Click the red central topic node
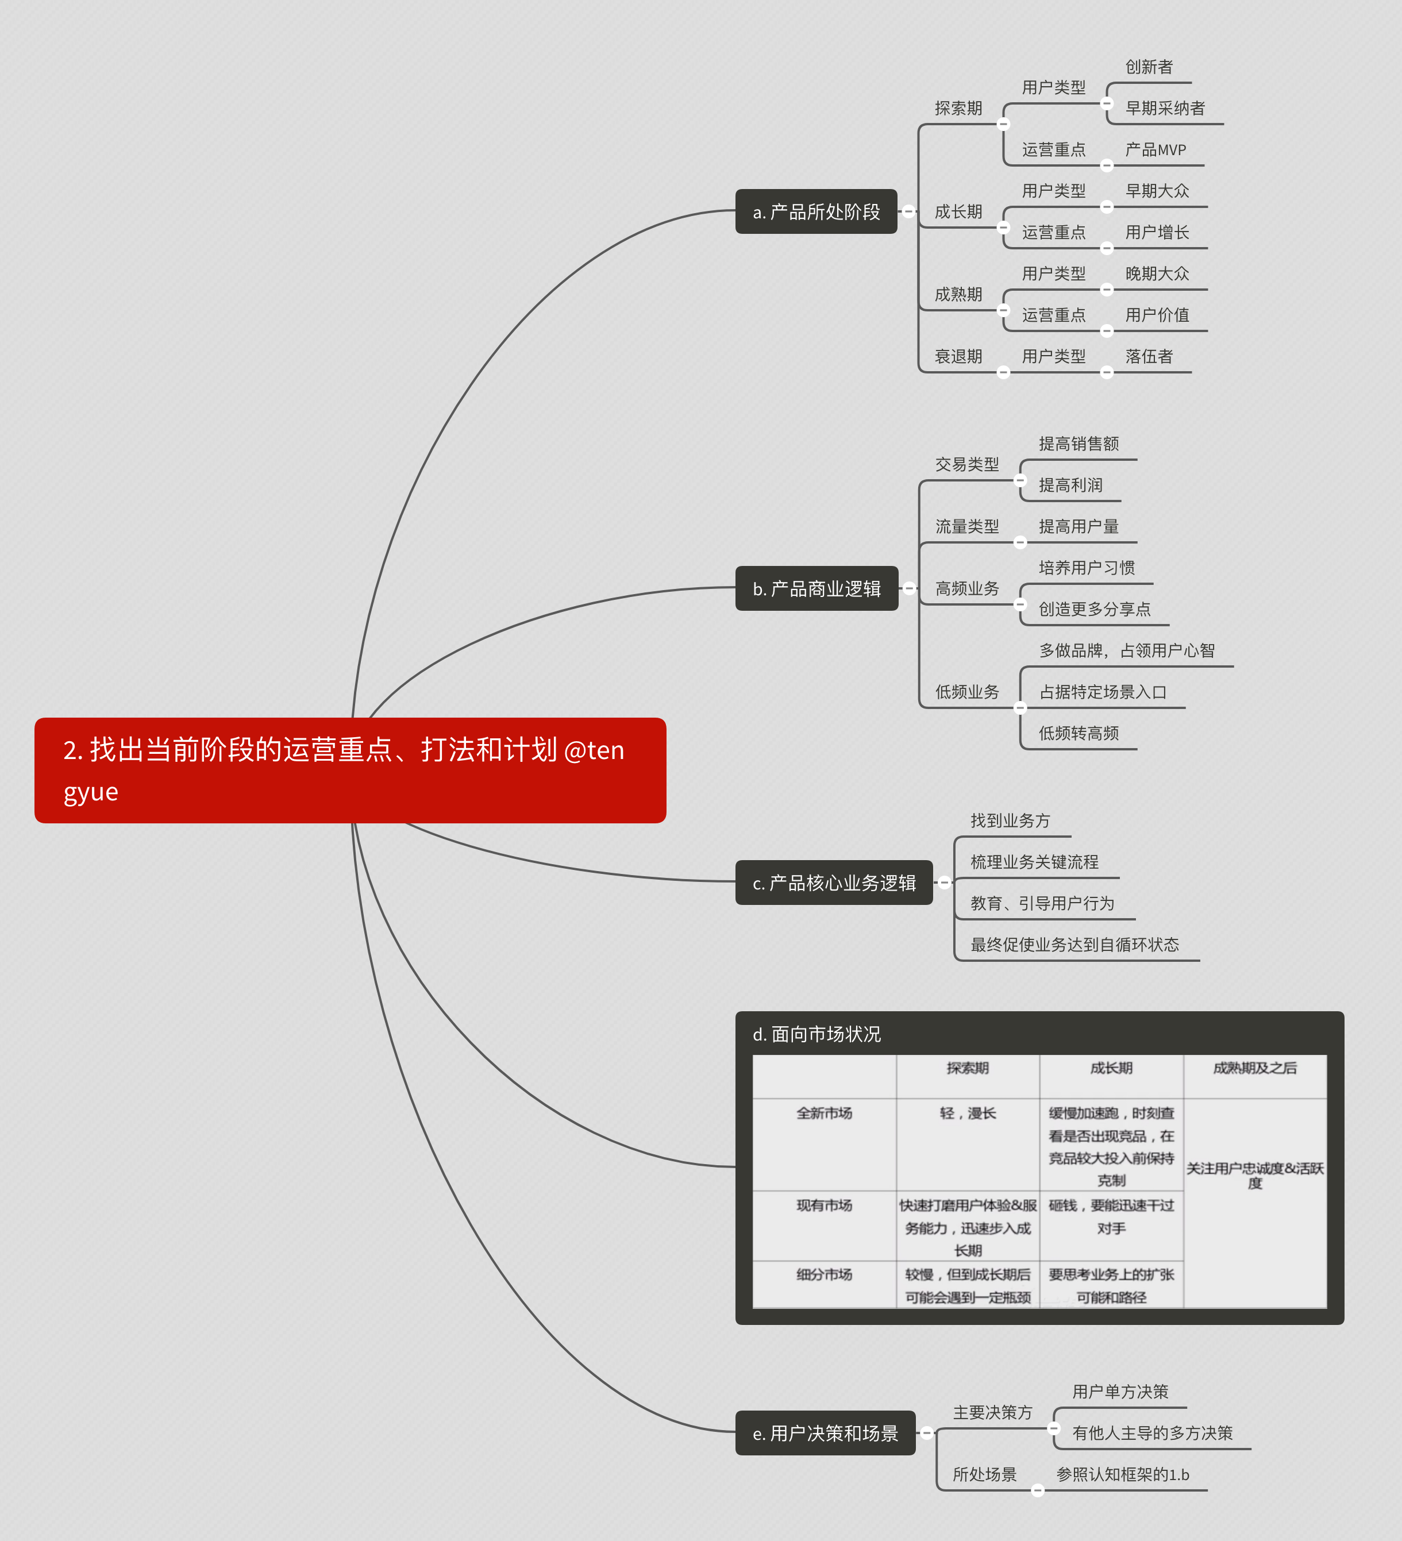point(350,770)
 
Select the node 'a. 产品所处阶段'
point(816,212)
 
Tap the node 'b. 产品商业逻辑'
point(816,588)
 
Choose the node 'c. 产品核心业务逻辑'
point(834,883)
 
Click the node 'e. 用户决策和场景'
point(826,1433)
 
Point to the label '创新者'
point(1149,67)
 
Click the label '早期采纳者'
point(1165,109)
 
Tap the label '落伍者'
point(1149,356)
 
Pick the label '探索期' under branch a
point(958,109)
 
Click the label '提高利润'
point(1070,486)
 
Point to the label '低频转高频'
point(1079,733)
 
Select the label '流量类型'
point(967,527)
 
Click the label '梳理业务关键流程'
point(1034,862)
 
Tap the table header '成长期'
point(1111,1068)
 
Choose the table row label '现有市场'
point(824,1205)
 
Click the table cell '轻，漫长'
point(968,1113)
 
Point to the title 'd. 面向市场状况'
point(816,1034)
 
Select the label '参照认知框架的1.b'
point(1123,1474)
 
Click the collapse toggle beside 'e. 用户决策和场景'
point(926,1433)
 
